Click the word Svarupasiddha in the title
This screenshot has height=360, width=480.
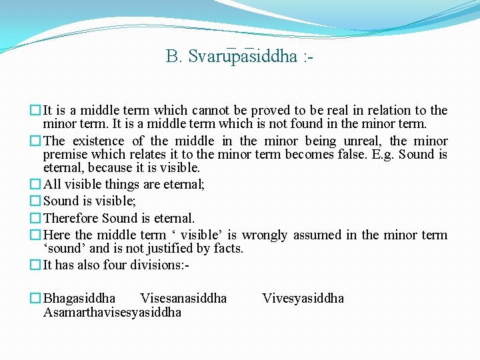[243, 56]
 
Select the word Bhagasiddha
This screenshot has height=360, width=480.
[79, 298]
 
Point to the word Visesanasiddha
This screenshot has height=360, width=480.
[183, 298]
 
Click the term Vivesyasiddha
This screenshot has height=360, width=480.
[303, 298]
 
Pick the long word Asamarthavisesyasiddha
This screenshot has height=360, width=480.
[112, 312]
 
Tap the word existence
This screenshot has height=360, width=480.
[98, 141]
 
